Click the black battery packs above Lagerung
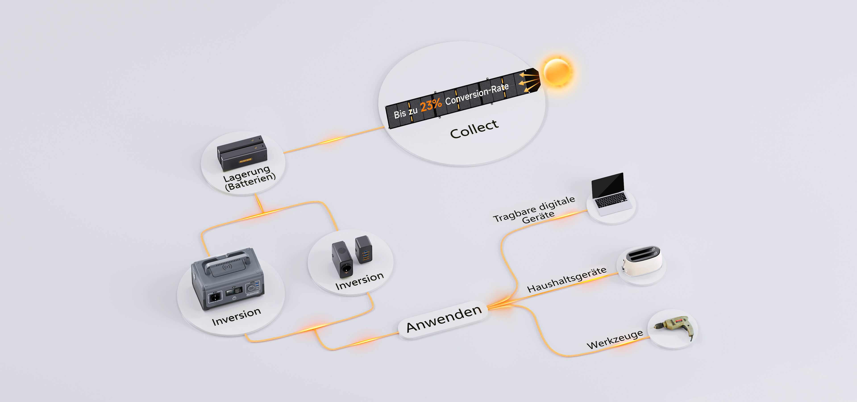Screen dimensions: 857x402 click(x=242, y=153)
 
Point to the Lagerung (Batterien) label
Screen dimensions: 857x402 click(x=250, y=178)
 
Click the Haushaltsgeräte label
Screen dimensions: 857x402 click(x=567, y=280)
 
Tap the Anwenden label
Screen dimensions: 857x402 click(x=444, y=319)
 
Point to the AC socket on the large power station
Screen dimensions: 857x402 click(x=215, y=297)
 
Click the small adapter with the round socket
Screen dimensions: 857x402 click(x=342, y=260)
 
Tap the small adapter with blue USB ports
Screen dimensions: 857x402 click(x=364, y=250)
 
